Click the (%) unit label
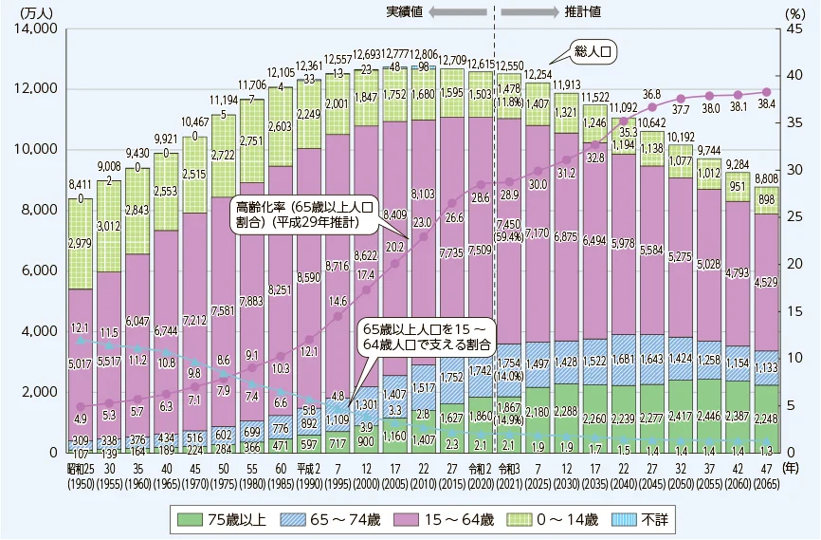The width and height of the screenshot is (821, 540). coord(794,12)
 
